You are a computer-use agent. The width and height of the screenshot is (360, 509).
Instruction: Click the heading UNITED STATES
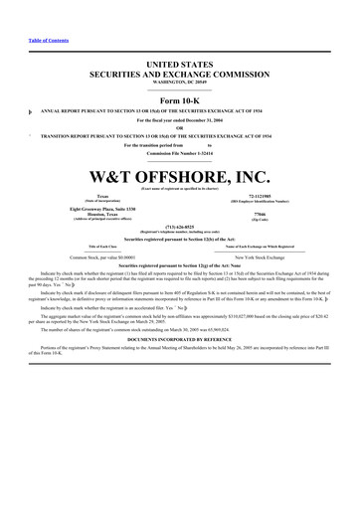[180, 64]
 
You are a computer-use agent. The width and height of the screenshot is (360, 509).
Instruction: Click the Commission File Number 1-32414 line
[180, 153]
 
